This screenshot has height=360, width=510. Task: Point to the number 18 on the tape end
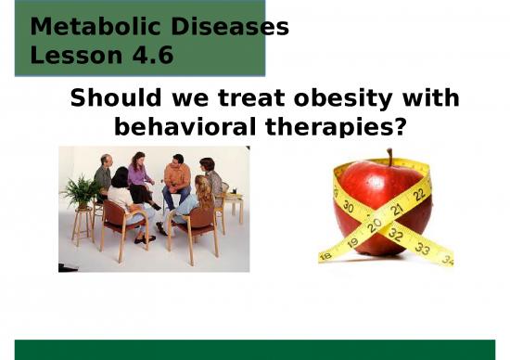click(326, 254)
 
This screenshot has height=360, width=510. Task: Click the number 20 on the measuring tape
click(376, 225)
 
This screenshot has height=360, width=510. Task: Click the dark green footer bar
click(255, 349)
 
